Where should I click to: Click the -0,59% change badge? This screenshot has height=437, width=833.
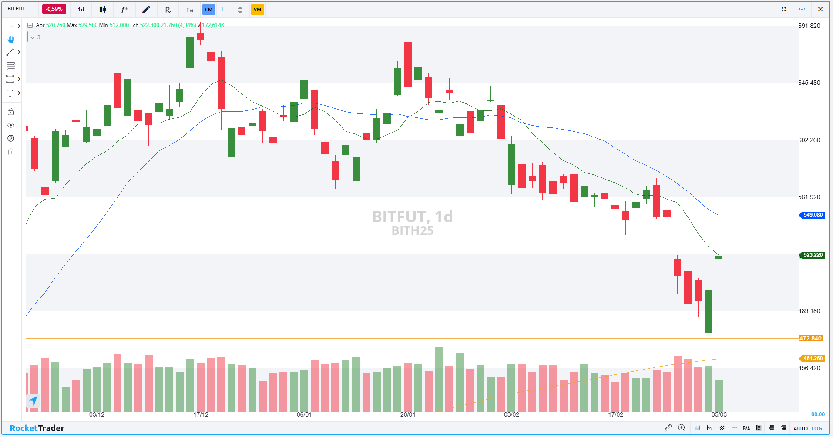point(54,9)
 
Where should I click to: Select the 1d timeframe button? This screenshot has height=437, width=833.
point(81,10)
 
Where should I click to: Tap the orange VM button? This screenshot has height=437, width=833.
point(257,10)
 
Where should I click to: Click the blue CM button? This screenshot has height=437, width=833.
point(209,10)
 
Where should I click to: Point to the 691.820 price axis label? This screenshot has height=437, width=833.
point(809,26)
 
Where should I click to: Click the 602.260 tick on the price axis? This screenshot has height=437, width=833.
point(809,140)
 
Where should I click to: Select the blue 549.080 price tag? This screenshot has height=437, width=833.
point(813,215)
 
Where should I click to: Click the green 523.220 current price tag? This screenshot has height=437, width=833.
point(813,255)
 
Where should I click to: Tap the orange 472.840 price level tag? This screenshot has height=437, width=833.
point(810,338)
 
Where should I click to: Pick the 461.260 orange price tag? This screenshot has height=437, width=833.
point(813,358)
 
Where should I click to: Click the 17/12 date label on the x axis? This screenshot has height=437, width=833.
point(201,414)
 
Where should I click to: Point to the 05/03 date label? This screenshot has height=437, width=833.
point(719,414)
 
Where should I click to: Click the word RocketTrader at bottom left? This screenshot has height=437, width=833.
point(37,428)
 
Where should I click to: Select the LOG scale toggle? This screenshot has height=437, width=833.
point(817,428)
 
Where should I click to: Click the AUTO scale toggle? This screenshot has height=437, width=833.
point(800,428)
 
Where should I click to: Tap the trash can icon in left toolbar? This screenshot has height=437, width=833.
point(11,152)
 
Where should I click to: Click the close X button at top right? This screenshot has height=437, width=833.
point(820,9)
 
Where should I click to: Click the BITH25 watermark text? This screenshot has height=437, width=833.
point(413,231)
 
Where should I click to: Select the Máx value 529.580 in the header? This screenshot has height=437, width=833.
point(88,25)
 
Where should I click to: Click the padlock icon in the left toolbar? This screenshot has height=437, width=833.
point(11,112)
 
